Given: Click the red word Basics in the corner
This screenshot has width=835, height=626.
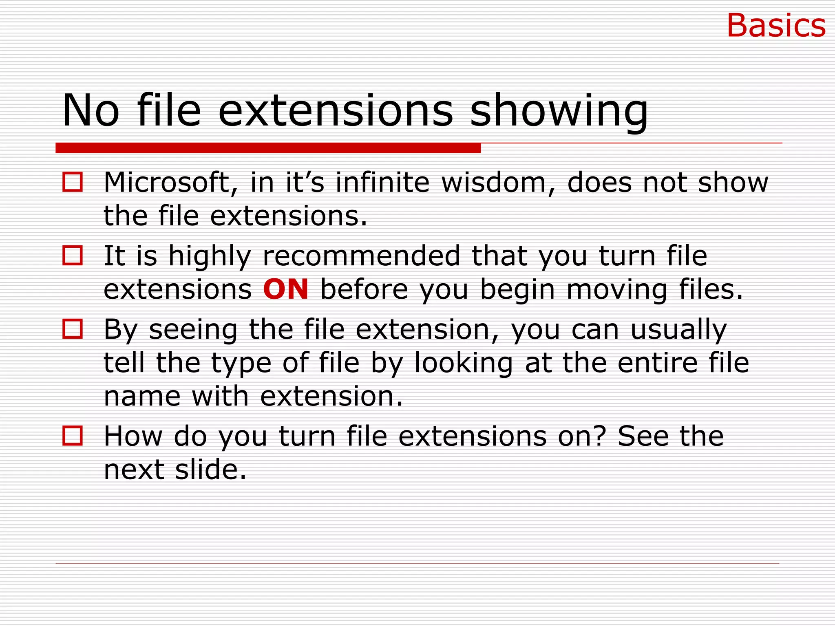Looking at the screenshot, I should pyautogui.click(x=776, y=26).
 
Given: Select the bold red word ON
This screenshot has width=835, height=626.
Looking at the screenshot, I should pyautogui.click(x=285, y=289).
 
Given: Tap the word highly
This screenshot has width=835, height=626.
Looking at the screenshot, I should pyautogui.click(x=210, y=257).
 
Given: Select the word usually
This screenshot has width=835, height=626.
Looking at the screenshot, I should pyautogui.click(x=678, y=330).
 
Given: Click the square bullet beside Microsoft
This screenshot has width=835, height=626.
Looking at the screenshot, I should pyautogui.click(x=73, y=182).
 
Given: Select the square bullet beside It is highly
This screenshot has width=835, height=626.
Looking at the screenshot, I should pyautogui.click(x=73, y=256).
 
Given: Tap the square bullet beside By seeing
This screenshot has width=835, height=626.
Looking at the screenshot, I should pyautogui.click(x=73, y=329).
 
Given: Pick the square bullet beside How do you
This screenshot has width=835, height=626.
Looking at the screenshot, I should pyautogui.click(x=73, y=436).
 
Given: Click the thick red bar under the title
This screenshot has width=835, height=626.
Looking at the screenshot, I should pyautogui.click(x=268, y=148).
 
